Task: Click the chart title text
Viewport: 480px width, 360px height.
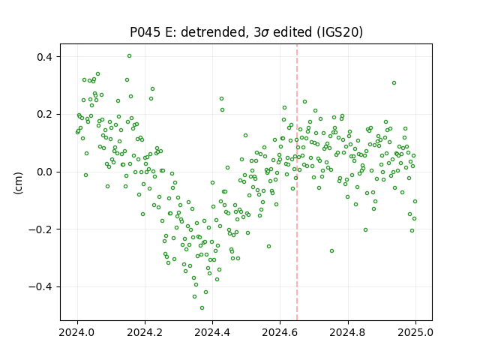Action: point(246,32)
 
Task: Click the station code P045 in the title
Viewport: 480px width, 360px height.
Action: point(145,32)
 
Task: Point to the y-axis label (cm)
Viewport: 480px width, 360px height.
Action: point(18,183)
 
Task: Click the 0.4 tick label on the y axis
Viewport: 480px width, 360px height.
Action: point(44,57)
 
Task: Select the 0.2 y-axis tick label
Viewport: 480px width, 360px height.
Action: point(44,115)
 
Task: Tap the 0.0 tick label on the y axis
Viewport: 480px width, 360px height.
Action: point(44,172)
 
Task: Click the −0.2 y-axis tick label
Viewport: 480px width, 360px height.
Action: point(40,229)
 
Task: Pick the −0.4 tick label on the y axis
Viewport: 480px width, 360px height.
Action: point(40,286)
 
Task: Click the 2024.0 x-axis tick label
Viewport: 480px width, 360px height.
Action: point(77,332)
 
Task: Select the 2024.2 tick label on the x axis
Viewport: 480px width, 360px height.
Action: point(145,332)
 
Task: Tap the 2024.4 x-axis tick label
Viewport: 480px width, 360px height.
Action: point(212,332)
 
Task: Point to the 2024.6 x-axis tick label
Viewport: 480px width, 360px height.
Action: point(280,332)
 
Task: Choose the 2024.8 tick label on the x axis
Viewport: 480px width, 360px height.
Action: point(348,332)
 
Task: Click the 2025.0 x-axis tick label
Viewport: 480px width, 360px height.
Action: point(415,332)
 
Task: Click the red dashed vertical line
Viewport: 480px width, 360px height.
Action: point(297,182)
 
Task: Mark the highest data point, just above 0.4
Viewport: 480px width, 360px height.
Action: point(130,56)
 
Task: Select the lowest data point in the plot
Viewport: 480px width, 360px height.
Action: point(202,307)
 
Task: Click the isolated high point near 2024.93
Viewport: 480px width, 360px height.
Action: point(394,83)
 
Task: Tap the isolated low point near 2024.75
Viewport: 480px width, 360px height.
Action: point(331,251)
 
